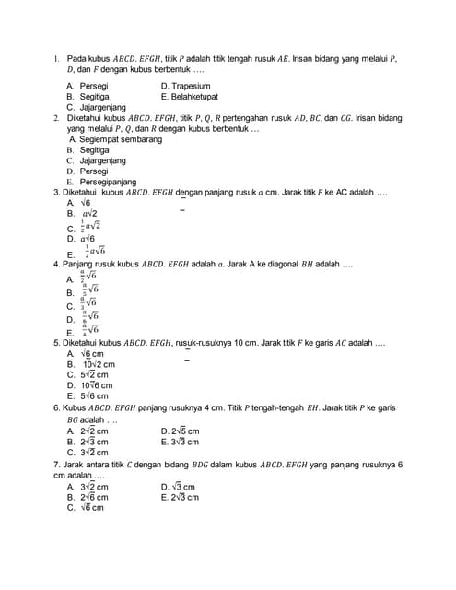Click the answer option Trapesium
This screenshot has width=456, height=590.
191,86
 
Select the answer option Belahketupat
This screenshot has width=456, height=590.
194,96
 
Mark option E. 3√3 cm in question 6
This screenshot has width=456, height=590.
185,442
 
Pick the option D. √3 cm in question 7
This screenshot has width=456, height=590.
182,486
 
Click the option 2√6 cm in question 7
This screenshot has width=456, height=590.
93,497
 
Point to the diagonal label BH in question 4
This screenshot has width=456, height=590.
301,263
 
